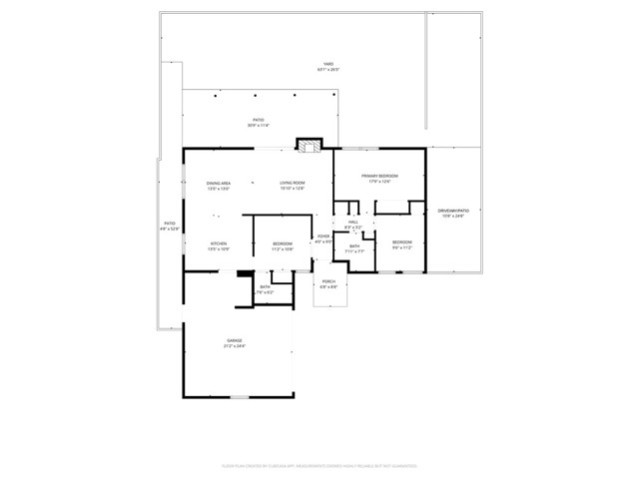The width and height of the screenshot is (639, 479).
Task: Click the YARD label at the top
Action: point(327,64)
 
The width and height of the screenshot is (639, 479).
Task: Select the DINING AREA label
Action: point(219,184)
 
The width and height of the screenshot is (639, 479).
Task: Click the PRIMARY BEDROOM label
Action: point(379,175)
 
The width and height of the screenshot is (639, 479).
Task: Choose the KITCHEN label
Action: point(218,243)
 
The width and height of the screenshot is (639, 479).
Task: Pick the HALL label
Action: point(353,222)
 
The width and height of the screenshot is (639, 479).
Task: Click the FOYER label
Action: point(323,237)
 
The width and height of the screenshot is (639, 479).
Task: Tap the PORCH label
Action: point(328,281)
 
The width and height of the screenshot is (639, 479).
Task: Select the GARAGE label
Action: point(234,341)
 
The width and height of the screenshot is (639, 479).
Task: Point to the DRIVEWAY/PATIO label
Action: point(453,211)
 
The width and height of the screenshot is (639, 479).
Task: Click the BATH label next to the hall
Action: point(354,245)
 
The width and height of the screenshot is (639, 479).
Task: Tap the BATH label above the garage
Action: point(265,287)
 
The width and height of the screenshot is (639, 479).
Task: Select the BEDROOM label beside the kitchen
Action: point(283,243)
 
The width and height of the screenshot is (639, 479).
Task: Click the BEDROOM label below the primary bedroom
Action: point(401,242)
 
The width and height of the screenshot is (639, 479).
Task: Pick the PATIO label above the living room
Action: point(258,120)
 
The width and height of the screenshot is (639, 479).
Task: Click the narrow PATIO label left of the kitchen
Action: point(169,223)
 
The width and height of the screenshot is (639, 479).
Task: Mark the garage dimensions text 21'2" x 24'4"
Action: point(234,347)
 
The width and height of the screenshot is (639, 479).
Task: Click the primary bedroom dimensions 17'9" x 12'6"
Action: point(379,181)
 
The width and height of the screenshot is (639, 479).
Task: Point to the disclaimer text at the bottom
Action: point(319,466)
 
